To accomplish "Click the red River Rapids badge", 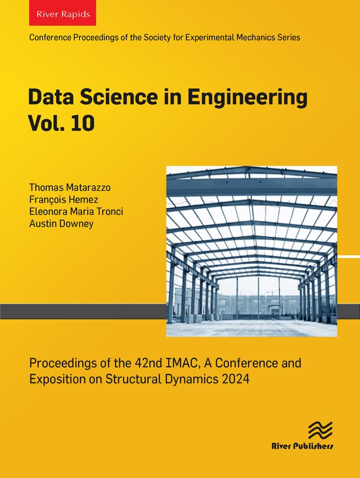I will click(x=62, y=14).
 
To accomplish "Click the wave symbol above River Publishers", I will click(x=320, y=431).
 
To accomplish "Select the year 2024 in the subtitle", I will click(x=236, y=378).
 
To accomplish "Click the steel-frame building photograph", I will click(x=251, y=251).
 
